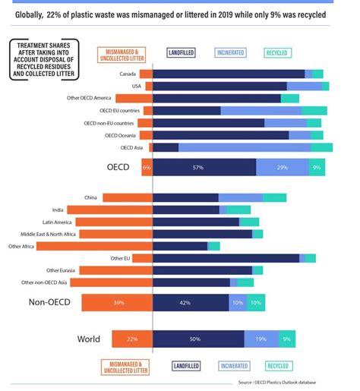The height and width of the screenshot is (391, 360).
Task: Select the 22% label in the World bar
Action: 132,339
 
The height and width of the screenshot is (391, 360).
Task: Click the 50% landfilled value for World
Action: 195,339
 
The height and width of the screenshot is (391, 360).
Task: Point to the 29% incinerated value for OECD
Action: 283,167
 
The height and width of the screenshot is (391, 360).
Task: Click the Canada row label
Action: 128,74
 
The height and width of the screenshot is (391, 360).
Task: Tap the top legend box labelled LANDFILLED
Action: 188,53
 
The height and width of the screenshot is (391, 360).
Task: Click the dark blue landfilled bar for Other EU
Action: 226,258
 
